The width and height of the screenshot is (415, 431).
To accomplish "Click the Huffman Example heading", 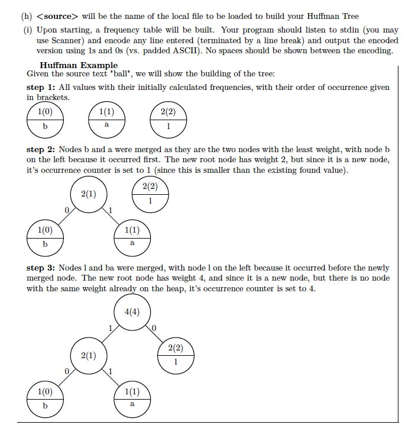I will point(79,65).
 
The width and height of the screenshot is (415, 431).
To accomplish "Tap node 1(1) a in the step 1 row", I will point(106,119).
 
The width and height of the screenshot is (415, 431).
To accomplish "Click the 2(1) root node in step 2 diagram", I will point(88,194).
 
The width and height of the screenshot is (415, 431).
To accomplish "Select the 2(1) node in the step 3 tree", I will point(89,356).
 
